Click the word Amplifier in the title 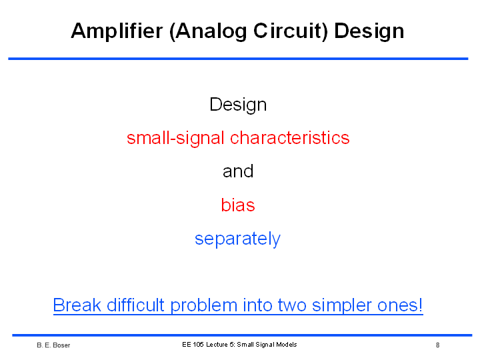pyautogui.click(x=117, y=31)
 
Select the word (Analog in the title pyautogui.click(x=208, y=31)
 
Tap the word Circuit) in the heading pyautogui.click(x=291, y=31)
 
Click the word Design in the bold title pyautogui.click(x=369, y=31)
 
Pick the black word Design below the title pyautogui.click(x=238, y=105)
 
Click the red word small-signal pyautogui.click(x=176, y=139)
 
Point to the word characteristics pyautogui.click(x=289, y=137)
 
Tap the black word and pyautogui.click(x=238, y=171)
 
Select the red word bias pyautogui.click(x=238, y=205)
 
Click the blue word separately pyautogui.click(x=237, y=239)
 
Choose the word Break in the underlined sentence pyautogui.click(x=77, y=305)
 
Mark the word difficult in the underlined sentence pyautogui.click(x=135, y=305)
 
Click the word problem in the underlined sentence pyautogui.click(x=203, y=306)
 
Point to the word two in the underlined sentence pyautogui.click(x=292, y=305)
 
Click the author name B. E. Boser pyautogui.click(x=53, y=345)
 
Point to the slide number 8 pyautogui.click(x=438, y=345)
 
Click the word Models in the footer pyautogui.click(x=287, y=345)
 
